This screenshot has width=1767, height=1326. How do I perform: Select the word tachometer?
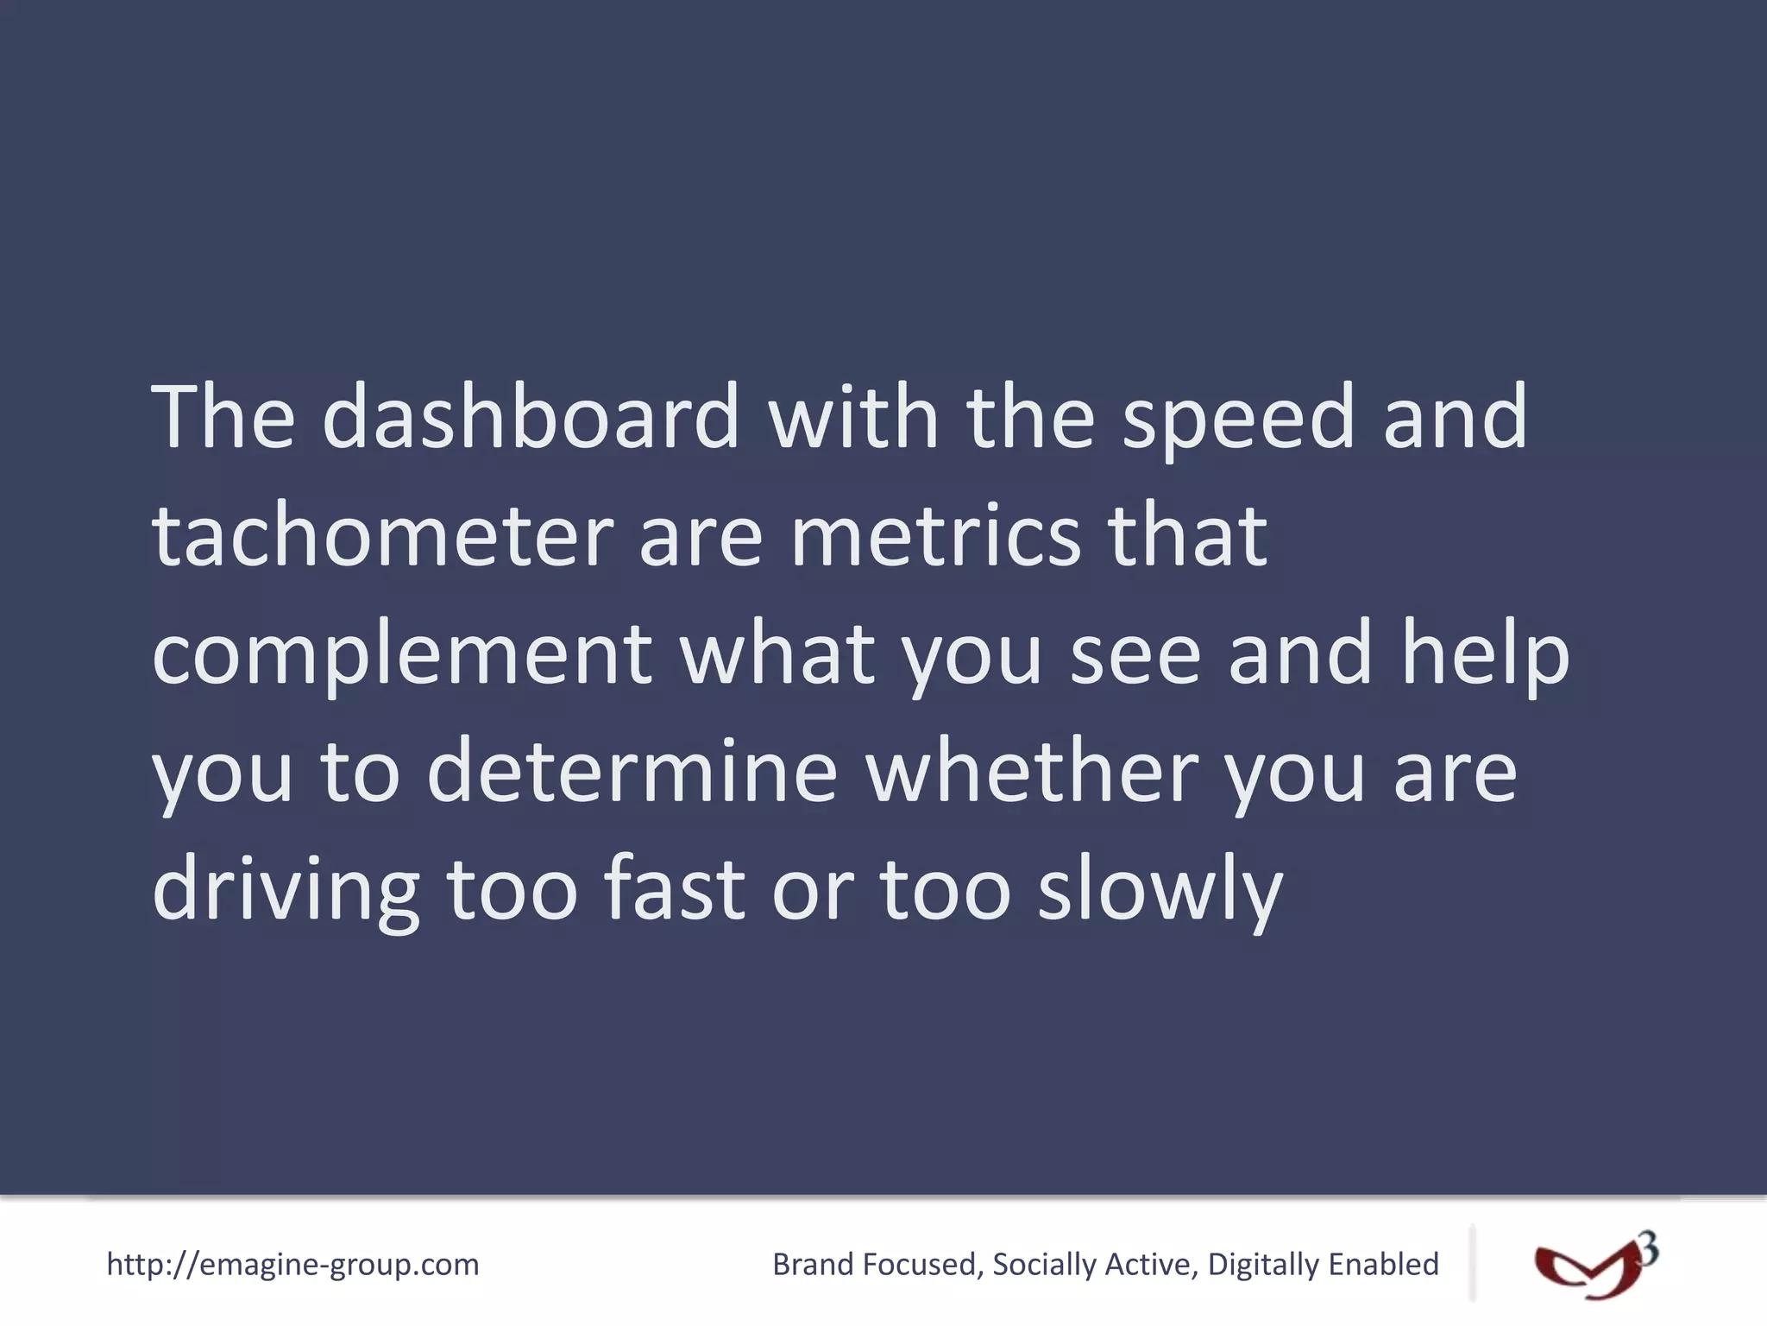pyautogui.click(x=382, y=536)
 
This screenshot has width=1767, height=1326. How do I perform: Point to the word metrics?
pyautogui.click(x=936, y=536)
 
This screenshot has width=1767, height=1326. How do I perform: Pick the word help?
pyautogui.click(x=1485, y=654)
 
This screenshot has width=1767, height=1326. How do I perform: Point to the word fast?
pyautogui.click(x=674, y=888)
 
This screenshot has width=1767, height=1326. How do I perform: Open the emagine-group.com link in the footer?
pyautogui.click(x=292, y=1265)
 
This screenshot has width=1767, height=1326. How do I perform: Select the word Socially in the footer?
pyautogui.click(x=1044, y=1265)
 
